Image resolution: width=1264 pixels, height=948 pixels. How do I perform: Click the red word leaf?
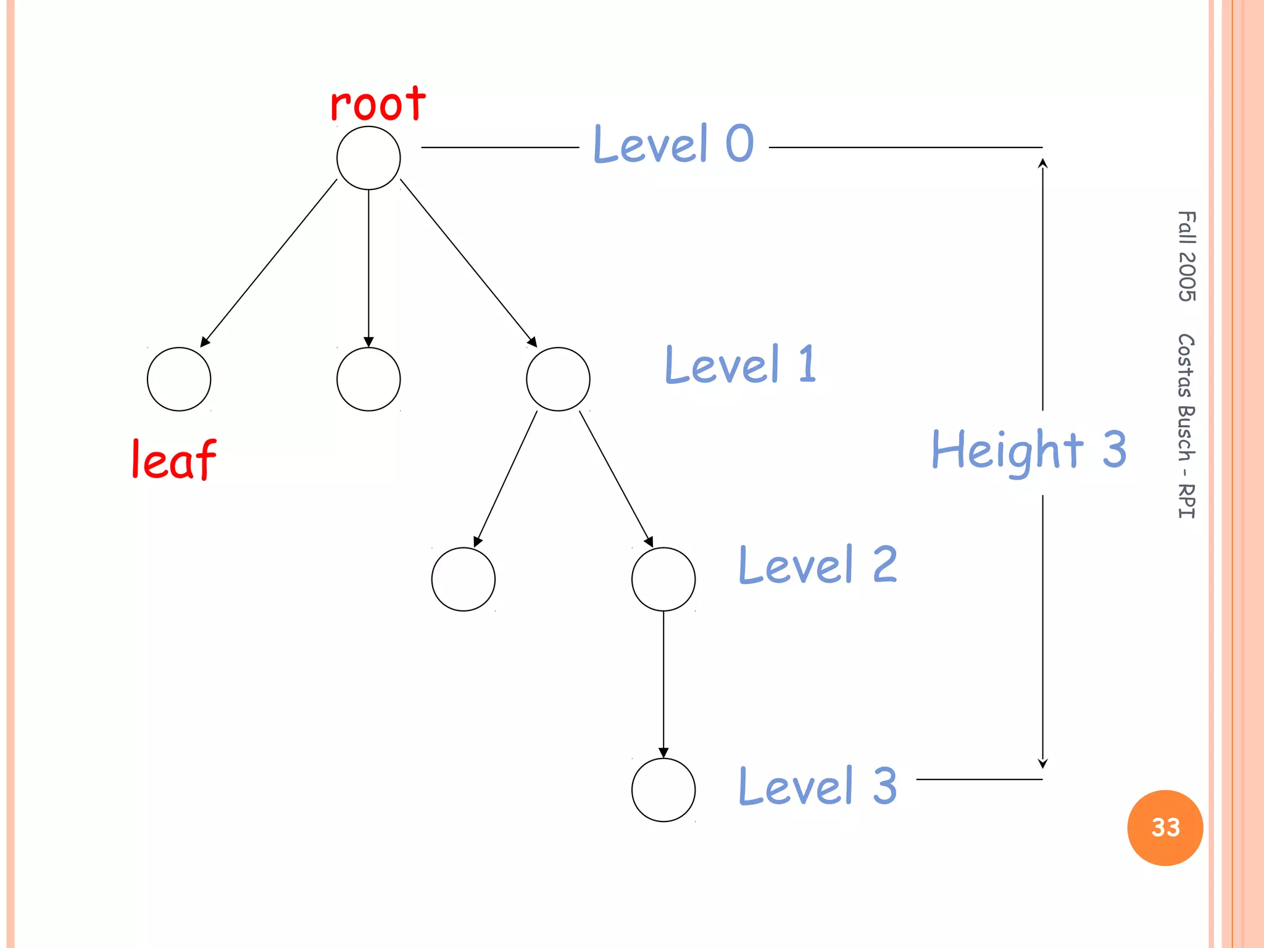click(174, 460)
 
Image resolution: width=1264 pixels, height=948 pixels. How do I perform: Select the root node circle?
click(368, 158)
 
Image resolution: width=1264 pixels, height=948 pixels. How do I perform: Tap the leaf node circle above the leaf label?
click(179, 379)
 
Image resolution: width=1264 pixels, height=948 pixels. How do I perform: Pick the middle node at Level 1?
click(368, 379)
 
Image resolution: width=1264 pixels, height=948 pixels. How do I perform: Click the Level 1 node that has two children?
click(558, 379)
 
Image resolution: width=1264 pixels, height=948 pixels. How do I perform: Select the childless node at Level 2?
click(464, 580)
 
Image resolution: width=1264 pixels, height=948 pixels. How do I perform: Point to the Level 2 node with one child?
click(663, 580)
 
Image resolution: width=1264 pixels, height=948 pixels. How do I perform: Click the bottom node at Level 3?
click(663, 790)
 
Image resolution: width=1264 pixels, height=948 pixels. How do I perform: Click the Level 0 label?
click(673, 143)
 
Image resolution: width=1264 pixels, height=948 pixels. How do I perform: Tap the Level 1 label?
click(741, 364)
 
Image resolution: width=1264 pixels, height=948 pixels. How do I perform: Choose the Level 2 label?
click(818, 565)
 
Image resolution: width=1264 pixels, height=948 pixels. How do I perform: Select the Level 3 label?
click(818, 786)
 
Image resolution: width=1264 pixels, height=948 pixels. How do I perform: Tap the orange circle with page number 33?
click(1165, 828)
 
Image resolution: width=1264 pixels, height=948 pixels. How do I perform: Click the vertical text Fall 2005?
click(1186, 256)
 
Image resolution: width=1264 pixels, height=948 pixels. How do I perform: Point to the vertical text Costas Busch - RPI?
click(1186, 426)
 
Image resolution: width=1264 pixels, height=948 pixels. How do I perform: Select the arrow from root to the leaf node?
click(269, 262)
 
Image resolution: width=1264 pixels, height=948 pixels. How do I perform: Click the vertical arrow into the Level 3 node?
click(663, 685)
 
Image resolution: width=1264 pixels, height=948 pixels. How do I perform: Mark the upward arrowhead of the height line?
click(1042, 163)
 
